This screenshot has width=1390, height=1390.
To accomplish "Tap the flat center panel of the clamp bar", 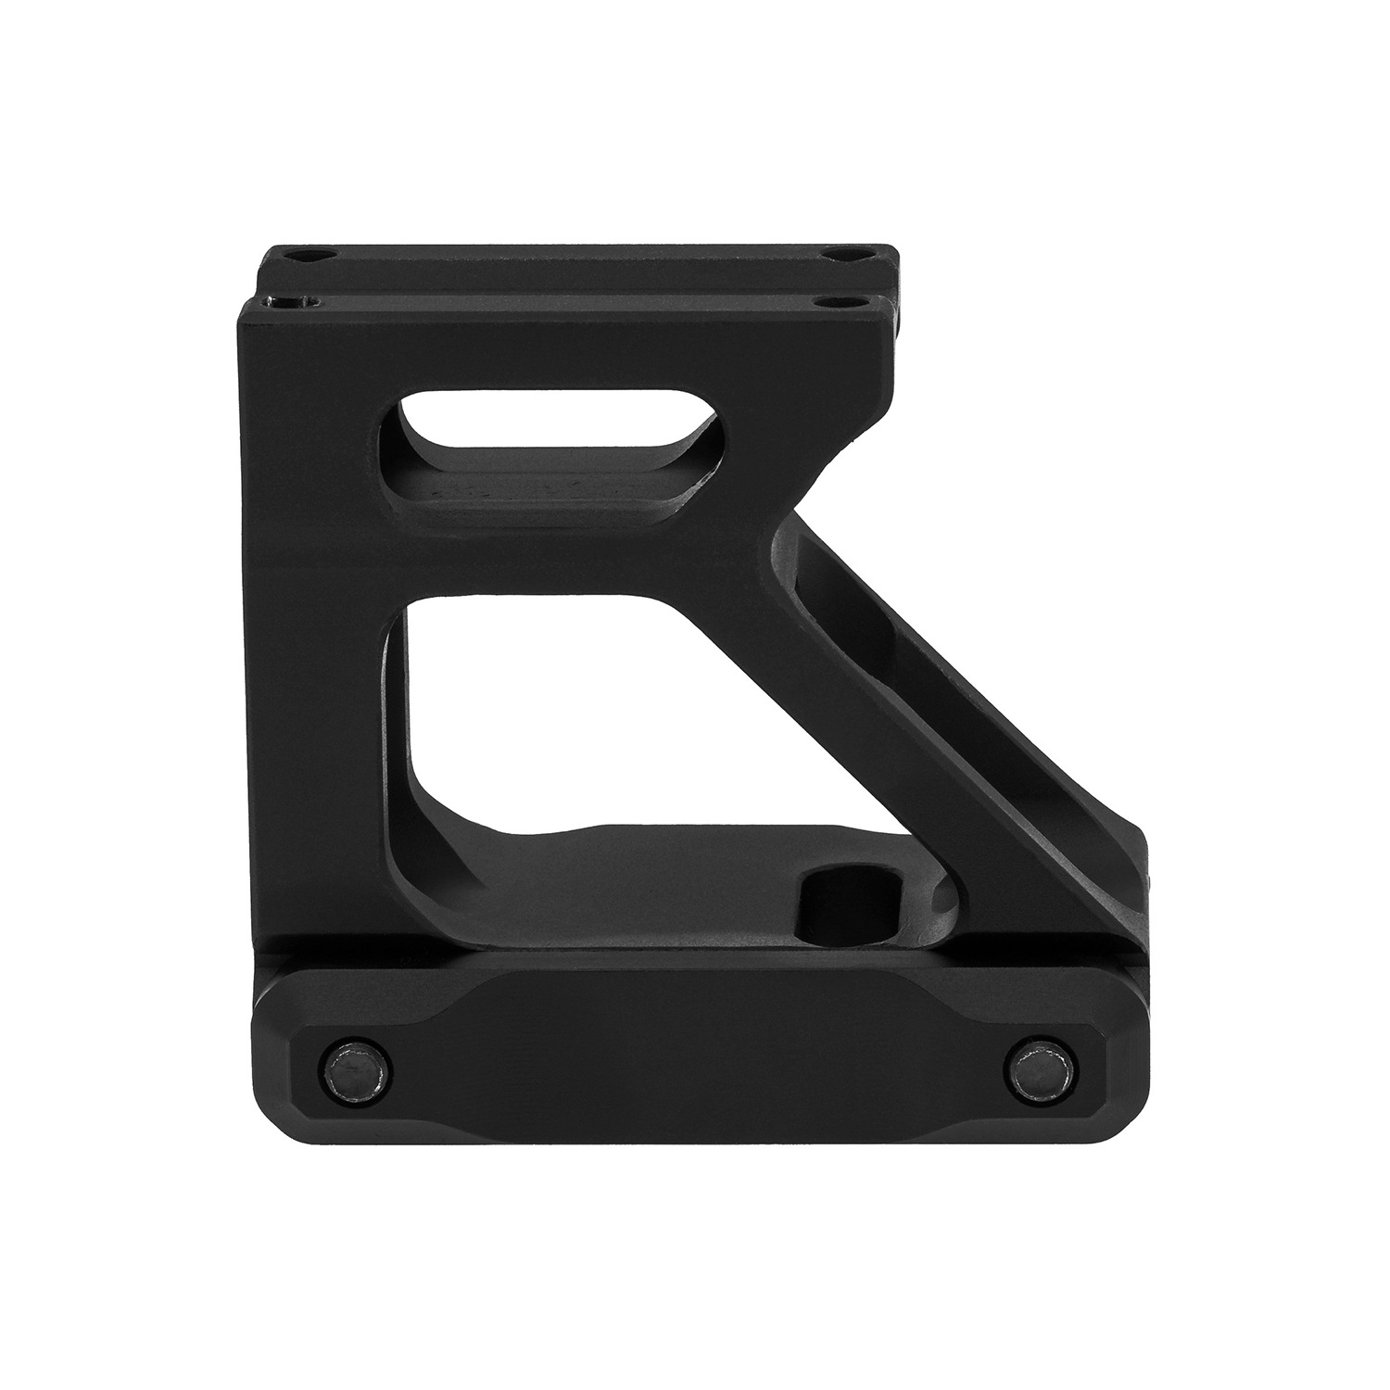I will coord(695,1047).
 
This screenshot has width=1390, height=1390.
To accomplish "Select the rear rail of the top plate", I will coord(575,264).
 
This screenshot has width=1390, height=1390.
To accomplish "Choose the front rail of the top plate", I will coord(575,315).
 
